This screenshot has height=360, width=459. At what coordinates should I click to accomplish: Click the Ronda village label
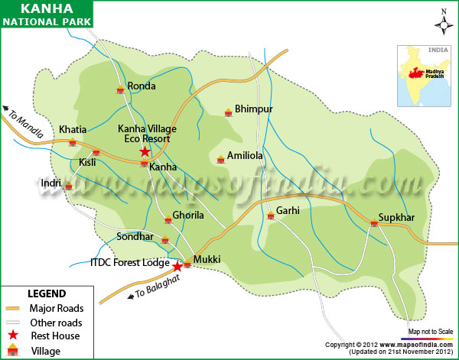pos(142,86)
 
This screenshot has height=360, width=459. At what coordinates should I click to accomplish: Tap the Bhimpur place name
pos(253,109)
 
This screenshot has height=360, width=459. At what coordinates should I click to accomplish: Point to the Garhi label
pos(288,210)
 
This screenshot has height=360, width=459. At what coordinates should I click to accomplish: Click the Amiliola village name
pos(245,155)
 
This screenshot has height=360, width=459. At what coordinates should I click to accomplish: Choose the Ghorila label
pos(188,216)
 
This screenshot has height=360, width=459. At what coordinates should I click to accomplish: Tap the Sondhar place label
pos(135,237)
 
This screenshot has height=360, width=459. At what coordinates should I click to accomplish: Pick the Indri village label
pos(50,183)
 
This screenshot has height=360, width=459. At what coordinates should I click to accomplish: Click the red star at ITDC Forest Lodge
pos(177,267)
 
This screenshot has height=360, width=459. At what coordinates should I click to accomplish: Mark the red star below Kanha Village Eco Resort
pos(145,152)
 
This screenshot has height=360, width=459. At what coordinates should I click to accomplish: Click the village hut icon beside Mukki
pos(187,264)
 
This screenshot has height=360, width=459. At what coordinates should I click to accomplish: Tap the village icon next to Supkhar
pos(374,223)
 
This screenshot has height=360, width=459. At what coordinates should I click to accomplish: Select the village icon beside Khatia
pos(73,142)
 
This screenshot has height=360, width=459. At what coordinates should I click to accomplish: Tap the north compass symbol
pos(443,24)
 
